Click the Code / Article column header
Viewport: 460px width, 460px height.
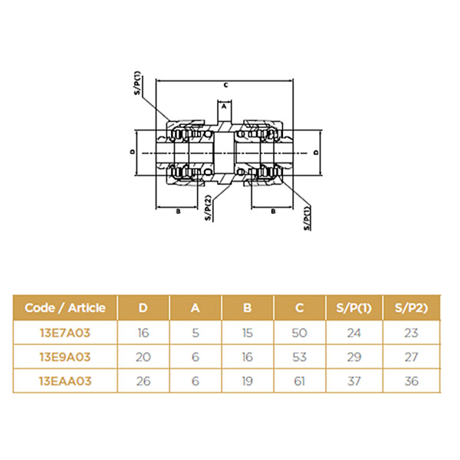(65, 307)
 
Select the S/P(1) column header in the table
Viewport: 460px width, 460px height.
(353, 307)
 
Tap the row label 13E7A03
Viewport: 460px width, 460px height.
(65, 333)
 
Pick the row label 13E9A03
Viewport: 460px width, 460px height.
(65, 357)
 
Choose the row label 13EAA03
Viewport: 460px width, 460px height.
(65, 381)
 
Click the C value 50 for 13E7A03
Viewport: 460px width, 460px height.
(300, 333)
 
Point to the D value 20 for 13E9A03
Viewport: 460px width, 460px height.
(143, 357)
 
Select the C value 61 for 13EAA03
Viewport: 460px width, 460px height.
(300, 381)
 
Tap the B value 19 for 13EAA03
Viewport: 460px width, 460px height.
(248, 381)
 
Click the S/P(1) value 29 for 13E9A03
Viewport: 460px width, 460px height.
(353, 357)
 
